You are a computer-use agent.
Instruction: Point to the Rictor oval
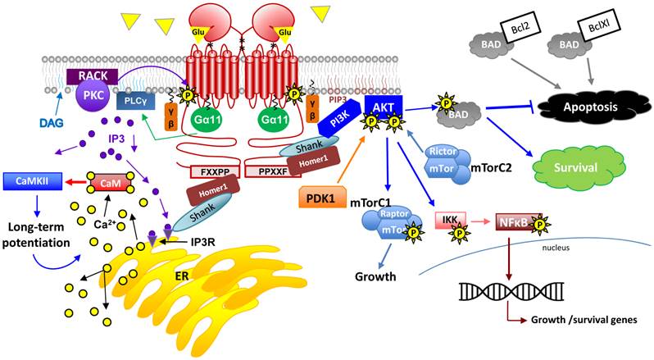443,153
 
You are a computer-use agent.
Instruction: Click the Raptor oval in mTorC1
395,215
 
